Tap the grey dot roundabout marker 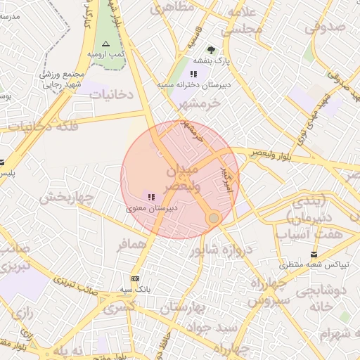pos(214,219)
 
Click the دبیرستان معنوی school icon pos(151,197)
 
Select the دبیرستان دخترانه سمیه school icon pos(193,74)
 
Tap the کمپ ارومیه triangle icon pos(106,44)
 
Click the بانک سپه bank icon pos(135,278)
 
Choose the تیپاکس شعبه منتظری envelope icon pos(313,254)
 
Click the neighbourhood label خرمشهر pos(199,102)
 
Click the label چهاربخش pos(65,198)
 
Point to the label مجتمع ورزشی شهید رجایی pos(63,78)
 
